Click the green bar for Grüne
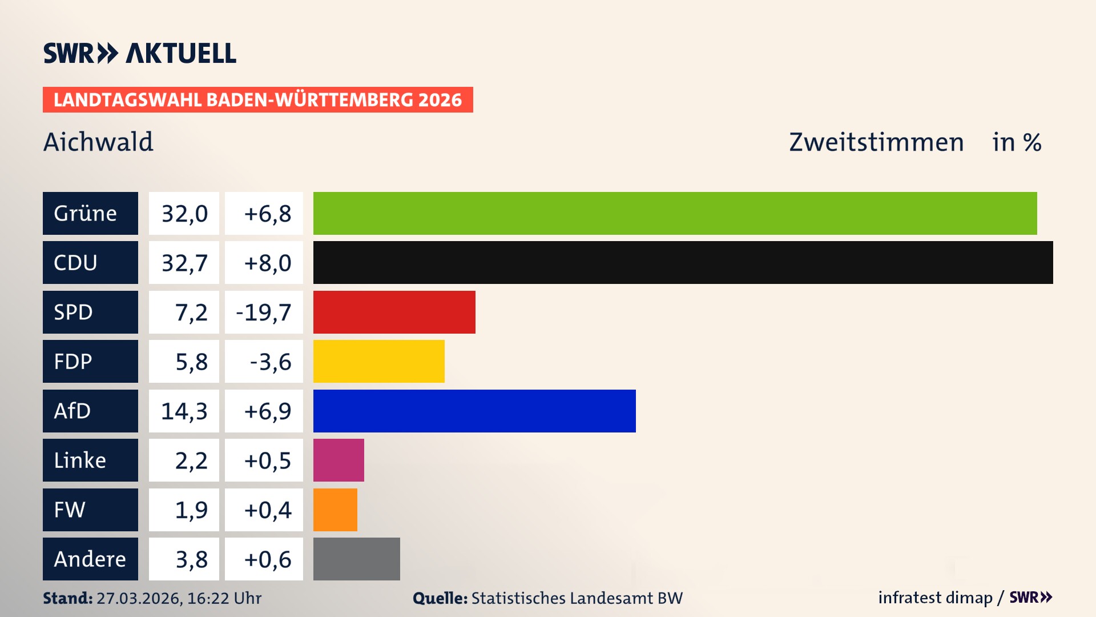click(675, 213)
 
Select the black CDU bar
click(683, 262)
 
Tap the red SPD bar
click(394, 312)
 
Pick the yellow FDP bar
click(378, 361)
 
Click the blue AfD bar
click(474, 411)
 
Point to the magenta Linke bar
click(339, 460)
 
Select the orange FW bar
click(335, 510)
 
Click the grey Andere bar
click(356, 559)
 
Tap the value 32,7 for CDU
click(184, 263)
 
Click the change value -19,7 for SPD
click(264, 312)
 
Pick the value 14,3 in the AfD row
click(184, 411)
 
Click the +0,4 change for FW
click(267, 510)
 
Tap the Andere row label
click(90, 559)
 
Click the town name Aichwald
click(98, 142)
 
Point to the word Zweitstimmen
click(876, 142)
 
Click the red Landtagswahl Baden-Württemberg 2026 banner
click(257, 100)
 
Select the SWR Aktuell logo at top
click(140, 53)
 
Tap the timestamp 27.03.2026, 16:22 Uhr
click(179, 598)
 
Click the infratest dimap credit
click(935, 598)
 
